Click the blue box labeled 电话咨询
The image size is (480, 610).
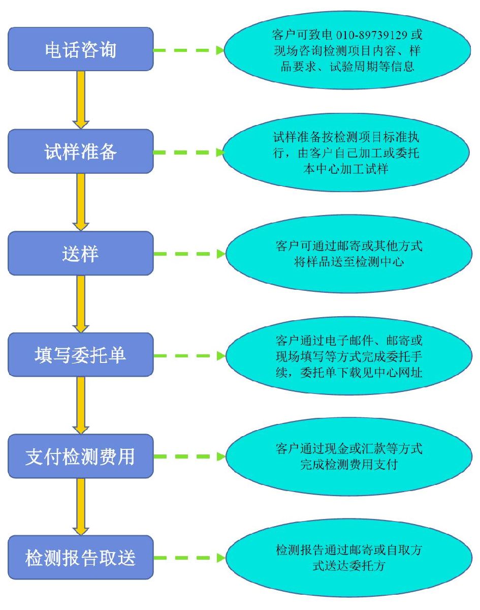(81, 50)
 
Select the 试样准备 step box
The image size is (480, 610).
(81, 151)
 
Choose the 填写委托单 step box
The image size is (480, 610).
(81, 355)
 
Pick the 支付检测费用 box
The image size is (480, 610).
(81, 456)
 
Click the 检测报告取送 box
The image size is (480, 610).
(81, 558)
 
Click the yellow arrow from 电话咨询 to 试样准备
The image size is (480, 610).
(81, 100)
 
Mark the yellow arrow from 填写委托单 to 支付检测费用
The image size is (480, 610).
(81, 405)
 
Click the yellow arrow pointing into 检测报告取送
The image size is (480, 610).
(81, 506)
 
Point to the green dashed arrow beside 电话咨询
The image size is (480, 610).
(188, 50)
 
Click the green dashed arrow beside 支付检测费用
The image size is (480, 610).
(188, 456)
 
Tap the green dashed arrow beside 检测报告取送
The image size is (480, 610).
(188, 558)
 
